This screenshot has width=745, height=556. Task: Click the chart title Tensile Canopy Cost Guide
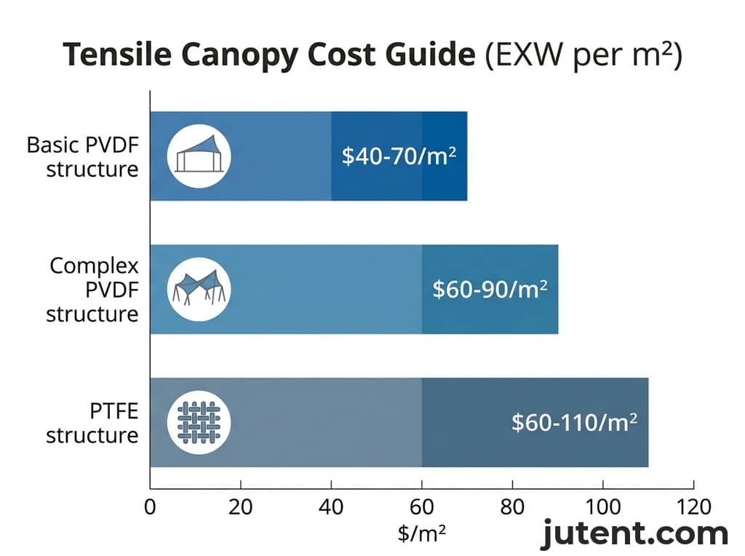tap(269, 56)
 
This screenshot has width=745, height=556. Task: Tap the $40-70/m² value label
tap(399, 156)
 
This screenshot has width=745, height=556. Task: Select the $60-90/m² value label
tap(490, 289)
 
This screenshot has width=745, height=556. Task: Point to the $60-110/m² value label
tap(574, 422)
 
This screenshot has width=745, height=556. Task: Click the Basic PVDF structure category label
tap(82, 156)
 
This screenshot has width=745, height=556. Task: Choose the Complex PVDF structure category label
tap(92, 290)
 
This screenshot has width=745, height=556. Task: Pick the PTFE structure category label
tap(92, 423)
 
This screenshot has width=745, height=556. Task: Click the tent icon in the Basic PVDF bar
tap(199, 156)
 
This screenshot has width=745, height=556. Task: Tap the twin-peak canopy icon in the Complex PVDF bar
tap(199, 290)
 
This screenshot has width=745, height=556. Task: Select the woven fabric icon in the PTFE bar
tap(199, 423)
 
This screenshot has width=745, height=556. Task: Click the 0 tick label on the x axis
tap(150, 507)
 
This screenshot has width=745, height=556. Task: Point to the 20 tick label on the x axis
tap(240, 507)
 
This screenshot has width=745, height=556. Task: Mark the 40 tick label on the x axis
tap(331, 507)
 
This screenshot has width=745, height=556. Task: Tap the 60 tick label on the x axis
tap(422, 507)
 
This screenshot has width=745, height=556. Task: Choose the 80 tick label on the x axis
tap(512, 507)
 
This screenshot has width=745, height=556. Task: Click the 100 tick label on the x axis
tap(602, 507)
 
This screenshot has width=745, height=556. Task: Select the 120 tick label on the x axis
tap(693, 507)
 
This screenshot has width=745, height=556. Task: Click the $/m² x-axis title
tap(421, 534)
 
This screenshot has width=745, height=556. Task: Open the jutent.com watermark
tap(634, 535)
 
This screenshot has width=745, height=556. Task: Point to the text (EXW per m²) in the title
tap(583, 56)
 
